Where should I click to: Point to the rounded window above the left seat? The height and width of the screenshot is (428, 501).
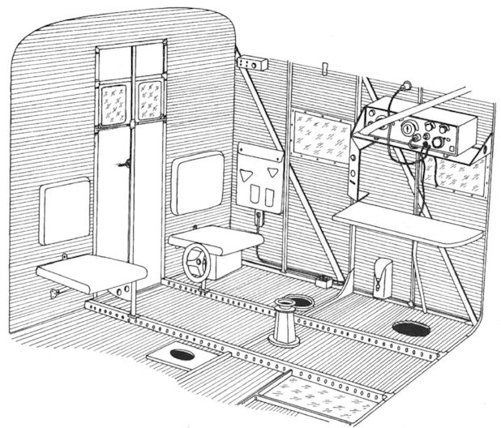(64, 210)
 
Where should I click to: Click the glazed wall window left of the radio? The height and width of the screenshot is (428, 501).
(320, 134)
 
